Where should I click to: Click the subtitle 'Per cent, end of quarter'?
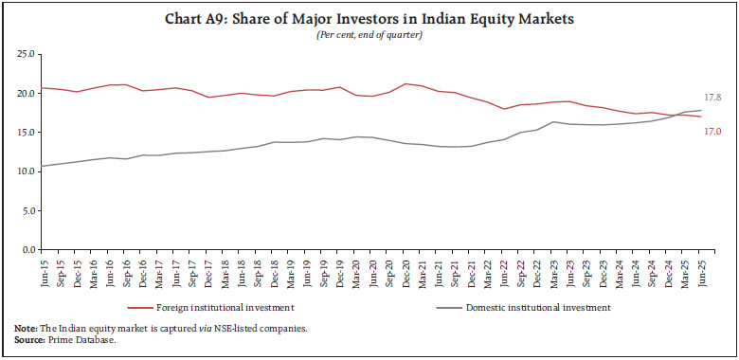(369, 34)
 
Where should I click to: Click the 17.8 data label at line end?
(713, 99)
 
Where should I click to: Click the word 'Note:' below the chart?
(26, 327)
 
